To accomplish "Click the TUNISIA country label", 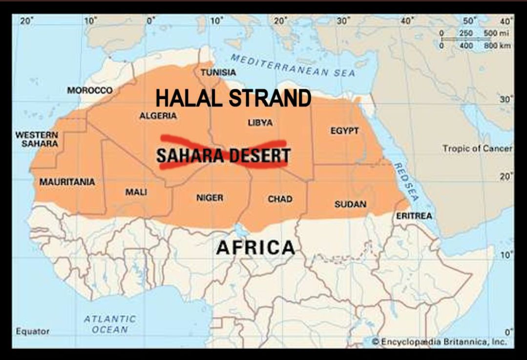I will coord(218,72).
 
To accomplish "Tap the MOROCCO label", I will coord(90,90).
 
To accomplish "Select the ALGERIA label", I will coord(158,116).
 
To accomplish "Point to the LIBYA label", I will coord(260,123).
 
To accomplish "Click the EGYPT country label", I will coord(344,131).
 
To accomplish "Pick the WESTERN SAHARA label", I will coord(37,139).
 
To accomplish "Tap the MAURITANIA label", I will coord(67,182).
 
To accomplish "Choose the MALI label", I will coord(136,192).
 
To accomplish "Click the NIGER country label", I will coord(210,198).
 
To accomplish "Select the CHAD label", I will coord(280,199).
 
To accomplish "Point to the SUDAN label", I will coord(350,204).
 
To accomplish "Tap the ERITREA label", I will coord(414,216).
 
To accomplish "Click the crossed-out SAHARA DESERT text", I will coord(223,156).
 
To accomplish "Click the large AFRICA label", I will coord(255,247).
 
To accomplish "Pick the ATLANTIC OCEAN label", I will coord(109,324).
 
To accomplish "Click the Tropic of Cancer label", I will coord(477,148).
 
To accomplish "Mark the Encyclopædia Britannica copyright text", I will coord(439,341).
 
